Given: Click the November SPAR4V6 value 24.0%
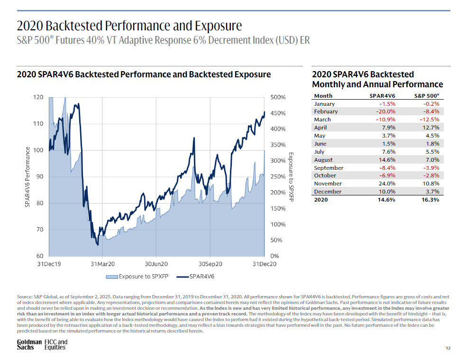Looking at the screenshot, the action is pos(387,184).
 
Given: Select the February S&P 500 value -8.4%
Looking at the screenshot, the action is pos(431,111).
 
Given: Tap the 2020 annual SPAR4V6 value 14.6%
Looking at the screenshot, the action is pos(386,200).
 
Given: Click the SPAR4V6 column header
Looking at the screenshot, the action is pos(382,96).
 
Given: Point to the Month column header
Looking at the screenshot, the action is pos(323,96).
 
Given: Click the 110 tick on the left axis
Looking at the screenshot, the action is pos(38,124).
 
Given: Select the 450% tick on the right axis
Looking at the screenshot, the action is pos(278,113).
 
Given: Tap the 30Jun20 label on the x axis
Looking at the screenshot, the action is pos(156,264).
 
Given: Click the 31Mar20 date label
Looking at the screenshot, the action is pos(102,264).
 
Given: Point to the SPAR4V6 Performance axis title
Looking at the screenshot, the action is pos(27,177).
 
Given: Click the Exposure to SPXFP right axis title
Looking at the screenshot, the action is pos(291,177).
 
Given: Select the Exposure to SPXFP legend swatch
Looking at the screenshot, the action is pos(112,277).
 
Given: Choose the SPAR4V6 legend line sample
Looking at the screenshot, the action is pos(183,277).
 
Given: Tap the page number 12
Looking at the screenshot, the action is pos(448,348).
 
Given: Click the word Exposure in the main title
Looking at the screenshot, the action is pos(218,26).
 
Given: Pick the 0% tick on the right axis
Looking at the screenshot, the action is pos(275,256).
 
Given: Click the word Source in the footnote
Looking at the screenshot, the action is pos(25,297).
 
